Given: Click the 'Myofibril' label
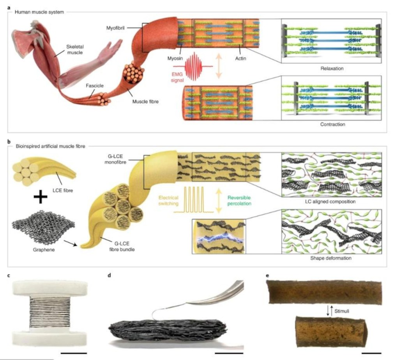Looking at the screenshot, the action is (x=115, y=28).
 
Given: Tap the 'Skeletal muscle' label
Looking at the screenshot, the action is (x=75, y=49).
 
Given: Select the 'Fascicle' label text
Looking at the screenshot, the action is (x=95, y=86).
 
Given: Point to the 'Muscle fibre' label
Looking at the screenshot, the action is (x=145, y=102).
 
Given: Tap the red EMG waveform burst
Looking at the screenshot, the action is (x=194, y=66).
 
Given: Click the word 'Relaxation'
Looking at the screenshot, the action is (x=332, y=69).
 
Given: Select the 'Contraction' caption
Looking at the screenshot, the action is (x=333, y=124).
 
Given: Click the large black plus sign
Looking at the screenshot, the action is (x=41, y=196).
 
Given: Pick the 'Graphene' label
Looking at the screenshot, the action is (x=44, y=250).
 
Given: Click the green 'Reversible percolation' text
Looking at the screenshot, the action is (x=239, y=201).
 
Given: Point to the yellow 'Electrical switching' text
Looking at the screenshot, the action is (x=168, y=201).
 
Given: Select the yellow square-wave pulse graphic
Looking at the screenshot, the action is (x=193, y=200).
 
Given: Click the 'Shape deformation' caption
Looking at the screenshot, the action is (x=331, y=258).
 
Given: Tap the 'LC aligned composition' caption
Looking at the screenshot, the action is (x=330, y=201).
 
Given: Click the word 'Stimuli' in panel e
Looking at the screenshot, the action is (x=342, y=311).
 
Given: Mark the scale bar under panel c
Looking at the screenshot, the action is (x=74, y=353).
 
